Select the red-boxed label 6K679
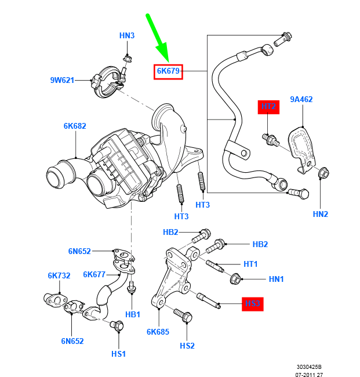(x=169, y=72)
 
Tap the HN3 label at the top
(x=127, y=36)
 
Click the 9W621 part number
(x=61, y=81)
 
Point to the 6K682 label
(x=75, y=126)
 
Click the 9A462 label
(x=301, y=99)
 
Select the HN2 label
(x=321, y=214)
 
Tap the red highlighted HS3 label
(x=253, y=303)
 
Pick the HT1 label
(x=250, y=264)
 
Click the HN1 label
(x=276, y=279)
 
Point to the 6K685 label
(x=158, y=332)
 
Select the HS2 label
(x=187, y=346)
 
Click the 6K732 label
(x=59, y=276)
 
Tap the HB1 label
(x=133, y=314)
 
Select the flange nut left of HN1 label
(x=235, y=279)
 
